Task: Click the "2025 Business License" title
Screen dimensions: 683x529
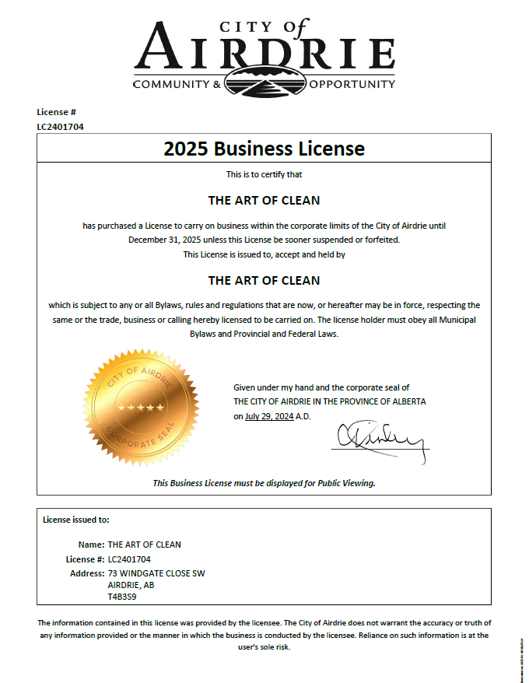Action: (x=264, y=149)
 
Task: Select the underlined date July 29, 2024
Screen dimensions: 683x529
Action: (x=268, y=416)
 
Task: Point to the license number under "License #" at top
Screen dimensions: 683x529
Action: (x=60, y=126)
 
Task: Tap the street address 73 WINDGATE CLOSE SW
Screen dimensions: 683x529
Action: (x=156, y=573)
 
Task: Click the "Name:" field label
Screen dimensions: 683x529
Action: (x=92, y=545)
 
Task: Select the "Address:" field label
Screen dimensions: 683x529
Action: (x=87, y=573)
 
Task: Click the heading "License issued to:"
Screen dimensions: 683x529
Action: (x=76, y=519)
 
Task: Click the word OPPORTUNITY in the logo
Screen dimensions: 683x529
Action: (x=352, y=84)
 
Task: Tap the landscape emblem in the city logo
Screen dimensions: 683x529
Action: (x=264, y=80)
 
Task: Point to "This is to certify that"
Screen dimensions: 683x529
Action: (x=264, y=174)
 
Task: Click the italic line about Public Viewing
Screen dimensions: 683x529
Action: (x=264, y=483)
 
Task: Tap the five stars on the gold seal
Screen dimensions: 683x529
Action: (x=141, y=408)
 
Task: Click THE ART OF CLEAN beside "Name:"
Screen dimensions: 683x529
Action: (x=144, y=545)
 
